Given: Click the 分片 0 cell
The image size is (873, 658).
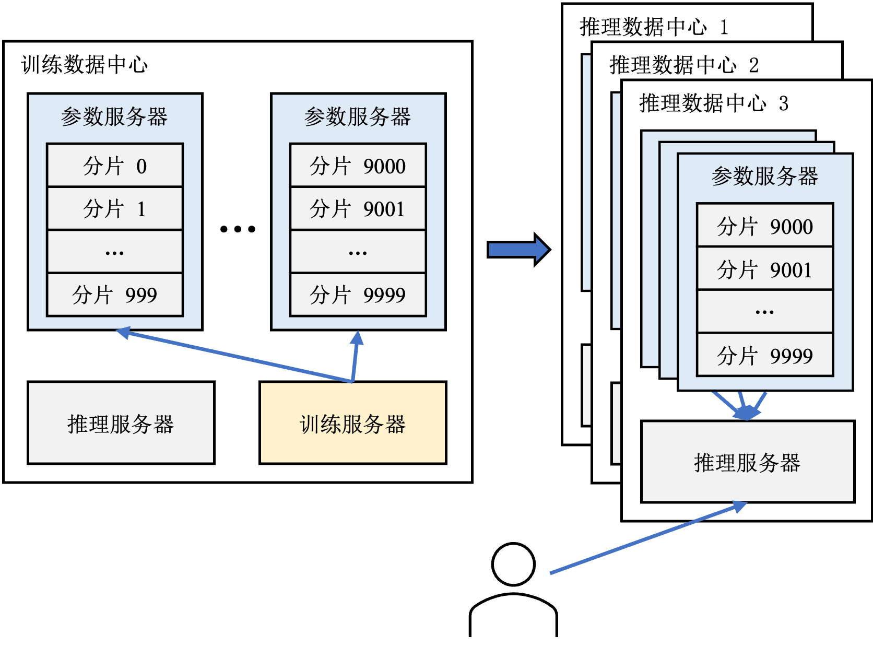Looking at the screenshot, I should coord(115,166).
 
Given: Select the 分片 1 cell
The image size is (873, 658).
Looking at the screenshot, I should coord(115,208).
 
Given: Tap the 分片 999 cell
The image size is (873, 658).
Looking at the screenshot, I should coord(115,295).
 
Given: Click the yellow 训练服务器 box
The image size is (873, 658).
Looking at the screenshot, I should coord(353,423).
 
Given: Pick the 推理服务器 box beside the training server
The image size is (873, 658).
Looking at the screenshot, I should coord(121,423).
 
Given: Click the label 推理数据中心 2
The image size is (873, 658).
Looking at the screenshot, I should coord(684,65).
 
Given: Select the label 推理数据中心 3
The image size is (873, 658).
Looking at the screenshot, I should coord(714,103).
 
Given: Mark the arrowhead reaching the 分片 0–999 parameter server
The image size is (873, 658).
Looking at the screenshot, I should coord(123,332).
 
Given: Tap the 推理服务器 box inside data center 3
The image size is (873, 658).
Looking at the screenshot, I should coord(748,462).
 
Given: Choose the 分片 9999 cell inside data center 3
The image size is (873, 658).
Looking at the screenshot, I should coord(765,355).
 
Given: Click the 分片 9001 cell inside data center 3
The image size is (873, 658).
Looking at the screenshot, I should coord(765,269).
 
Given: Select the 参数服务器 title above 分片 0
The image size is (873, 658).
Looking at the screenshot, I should coord(114,116).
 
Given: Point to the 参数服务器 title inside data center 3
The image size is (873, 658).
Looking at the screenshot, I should coord(765,176).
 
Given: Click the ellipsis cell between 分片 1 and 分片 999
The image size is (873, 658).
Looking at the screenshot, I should coord(115,252).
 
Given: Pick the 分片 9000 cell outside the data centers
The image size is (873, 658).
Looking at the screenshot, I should coord(358,166).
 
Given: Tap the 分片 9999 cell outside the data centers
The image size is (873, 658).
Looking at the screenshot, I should coord(358,295).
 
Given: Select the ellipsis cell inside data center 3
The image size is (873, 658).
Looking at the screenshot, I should coord(765,312).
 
